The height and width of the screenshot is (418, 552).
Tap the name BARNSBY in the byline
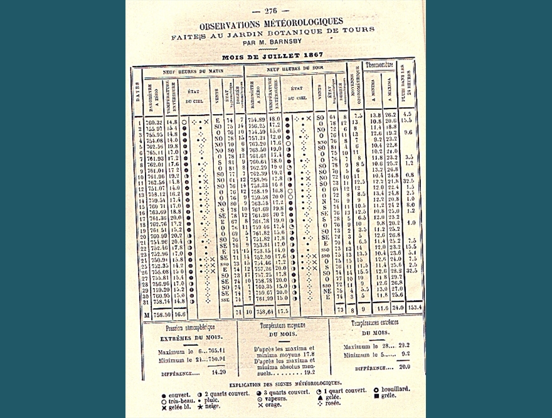(285, 41)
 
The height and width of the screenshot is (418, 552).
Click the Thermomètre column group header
(379, 65)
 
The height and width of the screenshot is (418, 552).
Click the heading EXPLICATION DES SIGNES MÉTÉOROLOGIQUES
(285, 383)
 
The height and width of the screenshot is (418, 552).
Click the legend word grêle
(388, 395)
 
